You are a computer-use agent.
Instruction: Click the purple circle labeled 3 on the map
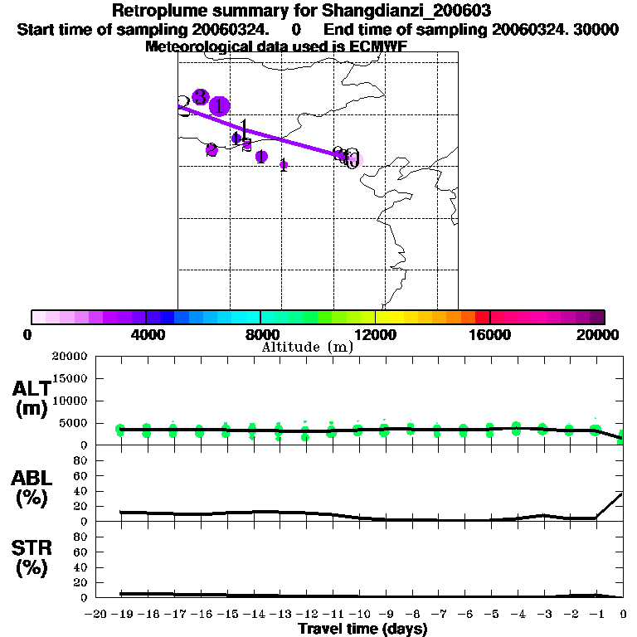pos(199,96)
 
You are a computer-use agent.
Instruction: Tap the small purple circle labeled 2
pos(212,150)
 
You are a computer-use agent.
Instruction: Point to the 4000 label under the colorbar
pos(145,334)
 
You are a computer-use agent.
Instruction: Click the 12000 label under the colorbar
pos(375,334)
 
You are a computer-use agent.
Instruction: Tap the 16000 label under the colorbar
pos(490,334)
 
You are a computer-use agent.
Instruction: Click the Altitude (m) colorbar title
pos(307,347)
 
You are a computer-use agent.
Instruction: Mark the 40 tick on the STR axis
pos(81,567)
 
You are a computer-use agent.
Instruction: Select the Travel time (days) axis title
pos(362,629)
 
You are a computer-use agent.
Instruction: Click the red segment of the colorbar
pos(483,317)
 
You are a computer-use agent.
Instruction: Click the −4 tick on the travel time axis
pos(516,614)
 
